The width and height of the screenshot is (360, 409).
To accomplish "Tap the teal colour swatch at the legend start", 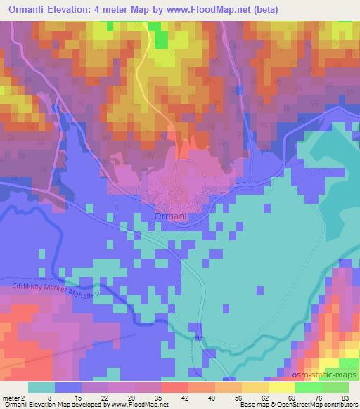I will [x=40, y=387].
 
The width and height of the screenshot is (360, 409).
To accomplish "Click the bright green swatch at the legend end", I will [x=336, y=387].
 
